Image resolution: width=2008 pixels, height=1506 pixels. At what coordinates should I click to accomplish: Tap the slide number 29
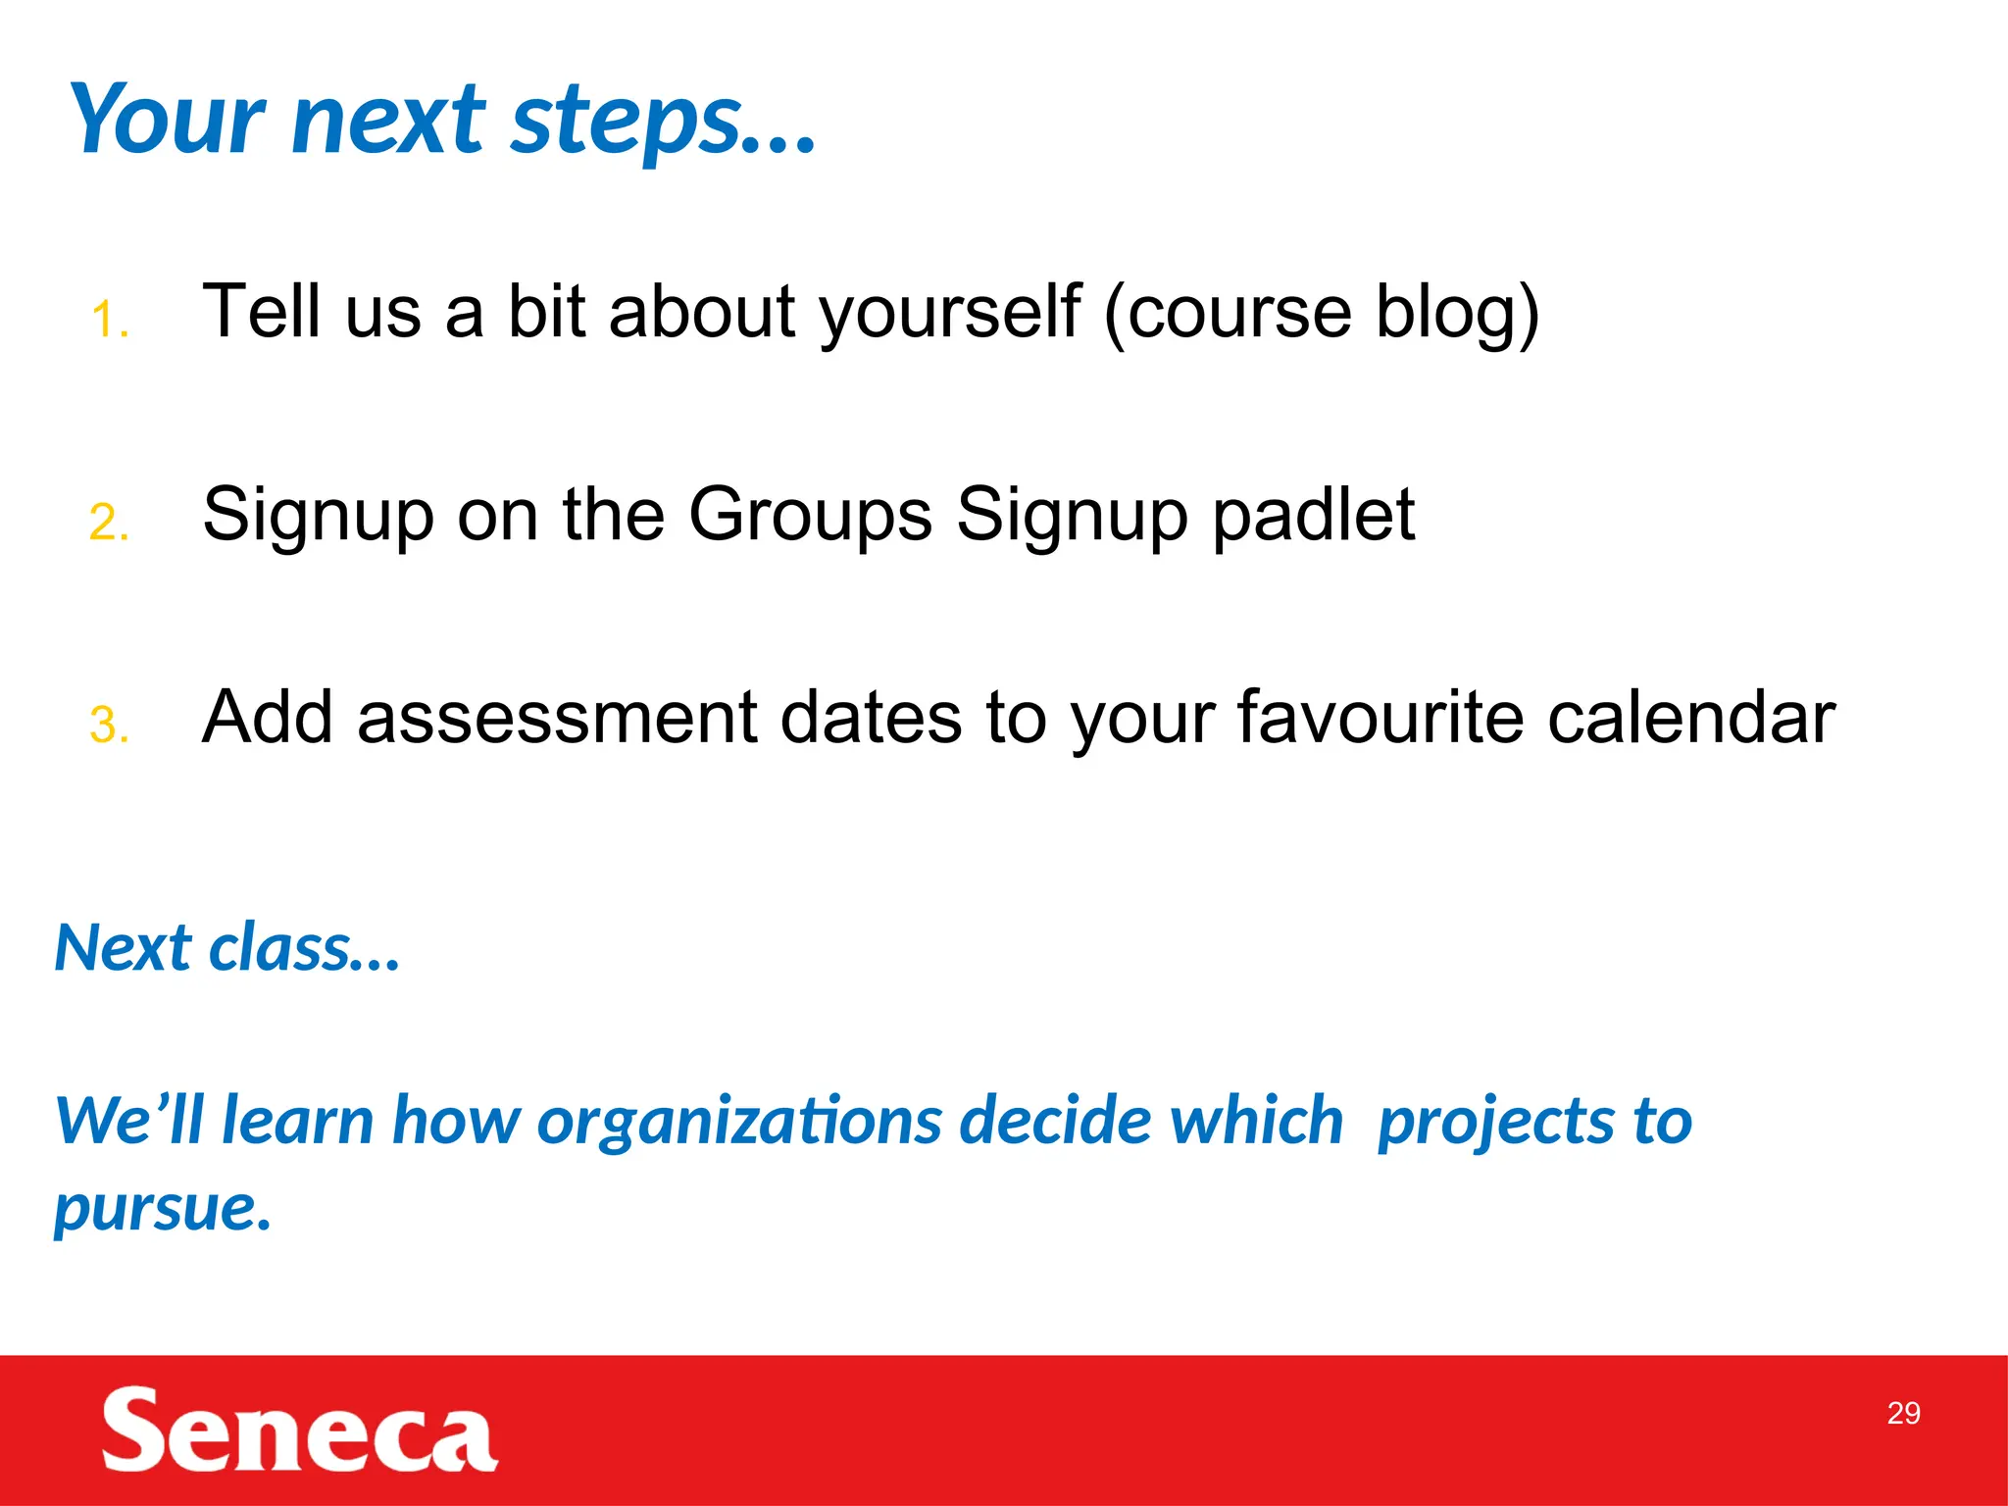1903,1413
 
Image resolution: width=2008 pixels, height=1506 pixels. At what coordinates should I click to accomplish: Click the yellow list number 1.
110,320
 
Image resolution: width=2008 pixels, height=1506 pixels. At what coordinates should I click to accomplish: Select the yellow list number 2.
109,522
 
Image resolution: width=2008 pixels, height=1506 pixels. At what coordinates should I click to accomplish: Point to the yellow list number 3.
109,725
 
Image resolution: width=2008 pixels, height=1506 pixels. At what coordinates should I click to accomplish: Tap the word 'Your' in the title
168,120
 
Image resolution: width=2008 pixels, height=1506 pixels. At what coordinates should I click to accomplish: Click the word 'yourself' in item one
949,312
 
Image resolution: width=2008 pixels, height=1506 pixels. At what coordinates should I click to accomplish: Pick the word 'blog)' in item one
1457,312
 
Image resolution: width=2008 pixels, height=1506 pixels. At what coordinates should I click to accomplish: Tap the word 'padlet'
1313,514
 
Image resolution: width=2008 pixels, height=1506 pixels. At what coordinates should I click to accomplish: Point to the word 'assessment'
556,717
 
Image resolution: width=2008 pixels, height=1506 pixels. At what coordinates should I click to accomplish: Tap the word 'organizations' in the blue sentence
739,1120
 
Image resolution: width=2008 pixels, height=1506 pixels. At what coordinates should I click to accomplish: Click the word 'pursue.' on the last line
162,1207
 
